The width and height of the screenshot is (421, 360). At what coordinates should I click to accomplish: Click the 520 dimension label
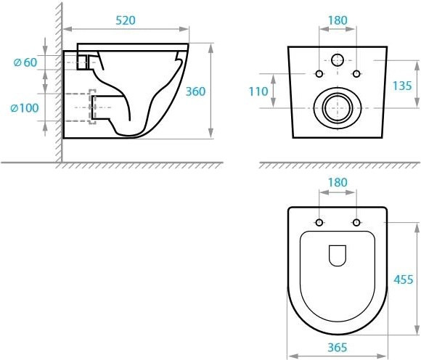pos(126,20)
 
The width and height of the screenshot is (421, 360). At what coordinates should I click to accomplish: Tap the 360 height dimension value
pos(196,91)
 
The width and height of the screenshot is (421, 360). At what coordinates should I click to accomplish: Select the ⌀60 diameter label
pos(25,62)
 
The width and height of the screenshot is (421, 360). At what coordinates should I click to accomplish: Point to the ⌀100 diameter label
pos(25,108)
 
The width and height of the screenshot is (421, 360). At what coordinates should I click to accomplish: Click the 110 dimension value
pos(258,91)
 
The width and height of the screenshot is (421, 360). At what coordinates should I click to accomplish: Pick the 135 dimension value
pos(402,86)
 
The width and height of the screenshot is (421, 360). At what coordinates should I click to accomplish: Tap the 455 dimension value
pos(404,279)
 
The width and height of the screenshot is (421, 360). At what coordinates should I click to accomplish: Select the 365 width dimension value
pos(338,348)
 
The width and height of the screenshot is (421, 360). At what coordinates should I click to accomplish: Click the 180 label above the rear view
pos(338,20)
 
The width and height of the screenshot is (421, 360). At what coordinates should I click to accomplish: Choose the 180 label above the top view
pos(338,183)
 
